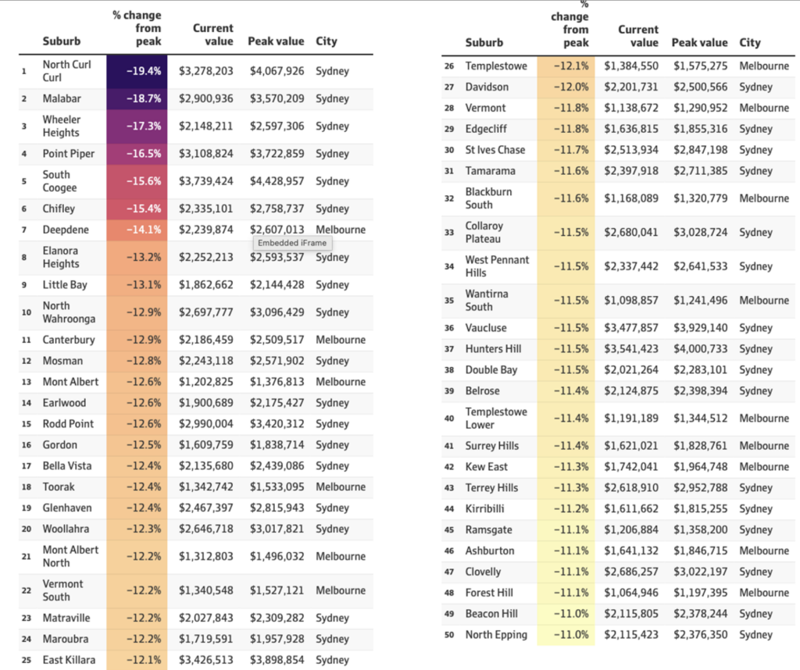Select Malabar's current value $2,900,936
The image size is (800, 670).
[205, 98]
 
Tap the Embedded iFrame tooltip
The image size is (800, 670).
[292, 243]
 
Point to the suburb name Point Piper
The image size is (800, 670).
[69, 154]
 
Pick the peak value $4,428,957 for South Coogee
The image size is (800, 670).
[277, 181]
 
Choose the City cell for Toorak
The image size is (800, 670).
[341, 487]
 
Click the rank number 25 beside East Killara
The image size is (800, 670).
[27, 660]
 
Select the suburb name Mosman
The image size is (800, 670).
[62, 361]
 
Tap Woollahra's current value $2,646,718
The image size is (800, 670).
[205, 529]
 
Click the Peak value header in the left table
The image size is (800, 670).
[276, 41]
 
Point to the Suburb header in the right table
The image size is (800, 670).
[484, 43]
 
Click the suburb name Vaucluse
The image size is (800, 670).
[486, 328]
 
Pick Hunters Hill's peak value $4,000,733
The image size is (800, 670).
[700, 349]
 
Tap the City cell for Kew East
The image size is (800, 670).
[764, 466]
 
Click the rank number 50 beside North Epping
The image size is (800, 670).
[449, 635]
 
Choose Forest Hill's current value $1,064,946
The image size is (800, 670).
[631, 593]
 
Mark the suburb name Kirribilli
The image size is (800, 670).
[484, 509]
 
